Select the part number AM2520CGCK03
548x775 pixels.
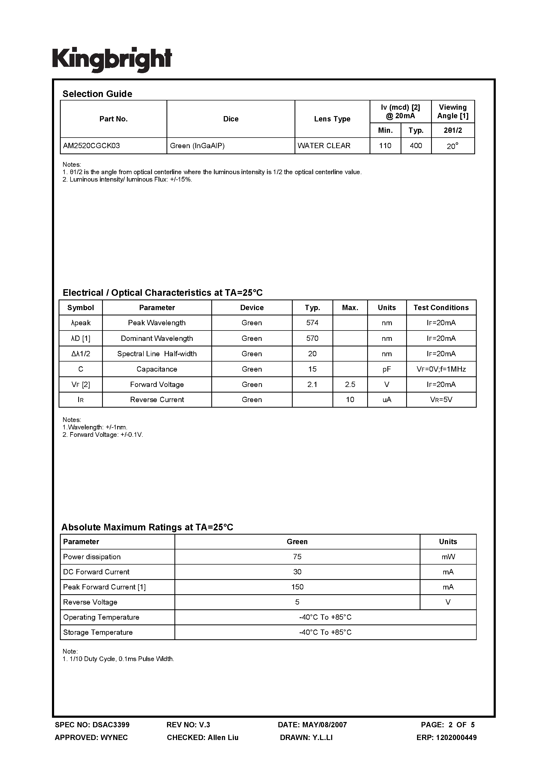[x=91, y=146]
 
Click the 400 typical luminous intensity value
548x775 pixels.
[x=416, y=146]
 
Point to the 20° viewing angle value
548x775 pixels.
[x=453, y=146]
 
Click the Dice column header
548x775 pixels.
[x=231, y=119]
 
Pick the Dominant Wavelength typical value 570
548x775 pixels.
[x=312, y=338]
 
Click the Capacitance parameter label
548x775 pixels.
[x=157, y=369]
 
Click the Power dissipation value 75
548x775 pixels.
[x=297, y=557]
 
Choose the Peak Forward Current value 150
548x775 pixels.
[x=297, y=587]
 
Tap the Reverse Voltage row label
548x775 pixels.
[x=90, y=602]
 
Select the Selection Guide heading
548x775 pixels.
[x=97, y=94]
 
